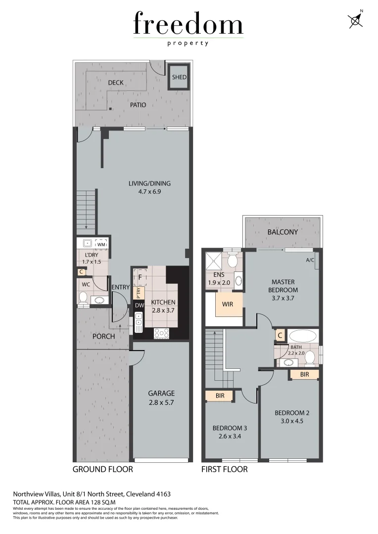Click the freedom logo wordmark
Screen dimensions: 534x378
(188, 25)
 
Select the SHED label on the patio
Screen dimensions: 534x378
(179, 77)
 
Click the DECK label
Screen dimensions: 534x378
(116, 83)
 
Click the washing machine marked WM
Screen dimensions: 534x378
(101, 244)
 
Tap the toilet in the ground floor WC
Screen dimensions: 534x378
(83, 297)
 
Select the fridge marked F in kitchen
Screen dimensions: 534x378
(140, 278)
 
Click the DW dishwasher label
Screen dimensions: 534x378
(139, 306)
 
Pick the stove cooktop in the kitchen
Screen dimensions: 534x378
(162, 333)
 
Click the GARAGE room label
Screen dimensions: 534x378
(161, 394)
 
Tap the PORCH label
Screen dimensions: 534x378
(103, 336)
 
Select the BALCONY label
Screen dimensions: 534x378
(283, 232)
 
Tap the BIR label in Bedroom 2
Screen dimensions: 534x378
(304, 375)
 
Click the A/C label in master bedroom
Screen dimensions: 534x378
(310, 260)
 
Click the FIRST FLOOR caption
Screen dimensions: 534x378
(224, 469)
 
